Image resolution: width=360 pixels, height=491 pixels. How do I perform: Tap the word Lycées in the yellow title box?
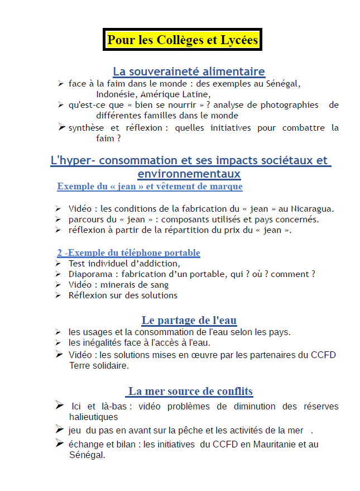tap(236, 40)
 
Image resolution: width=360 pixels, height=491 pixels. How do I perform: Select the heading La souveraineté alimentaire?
tap(189, 71)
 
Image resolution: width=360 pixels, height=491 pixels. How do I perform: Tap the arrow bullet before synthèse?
tap(61, 127)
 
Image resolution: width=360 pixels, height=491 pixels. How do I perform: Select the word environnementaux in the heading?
tap(189, 174)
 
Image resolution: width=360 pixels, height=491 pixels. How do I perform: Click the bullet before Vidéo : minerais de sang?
tap(58, 284)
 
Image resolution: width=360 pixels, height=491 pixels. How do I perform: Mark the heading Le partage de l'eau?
tap(189, 320)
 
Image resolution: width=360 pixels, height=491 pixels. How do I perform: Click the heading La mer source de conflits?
tap(190, 391)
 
